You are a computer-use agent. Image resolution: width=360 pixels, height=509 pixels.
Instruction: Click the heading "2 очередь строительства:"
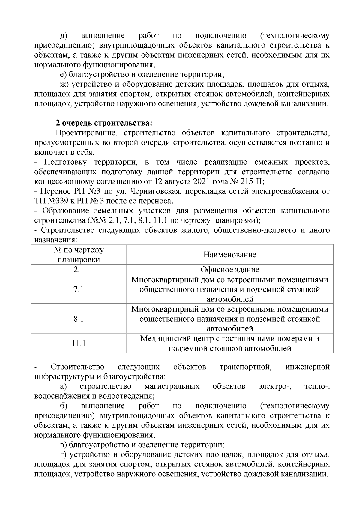pyautogui.click(x=104, y=123)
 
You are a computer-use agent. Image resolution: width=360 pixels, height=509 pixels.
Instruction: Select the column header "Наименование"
pyautogui.click(x=230, y=255)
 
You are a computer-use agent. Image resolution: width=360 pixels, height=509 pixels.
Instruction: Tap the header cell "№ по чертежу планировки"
pyautogui.click(x=79, y=255)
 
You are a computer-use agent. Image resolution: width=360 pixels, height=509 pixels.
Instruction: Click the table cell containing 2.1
pyautogui.click(x=79, y=269)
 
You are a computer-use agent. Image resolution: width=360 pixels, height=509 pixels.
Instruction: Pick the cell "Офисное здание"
pyautogui.click(x=230, y=269)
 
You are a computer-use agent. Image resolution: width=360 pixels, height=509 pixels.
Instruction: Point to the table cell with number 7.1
pyautogui.click(x=79, y=289)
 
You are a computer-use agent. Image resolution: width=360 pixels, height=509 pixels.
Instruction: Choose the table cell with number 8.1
pyautogui.click(x=79, y=318)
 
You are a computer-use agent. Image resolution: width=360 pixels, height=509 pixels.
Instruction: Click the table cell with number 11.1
pyautogui.click(x=79, y=343)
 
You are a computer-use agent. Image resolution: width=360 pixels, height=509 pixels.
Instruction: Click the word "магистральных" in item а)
pyautogui.click(x=172, y=386)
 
